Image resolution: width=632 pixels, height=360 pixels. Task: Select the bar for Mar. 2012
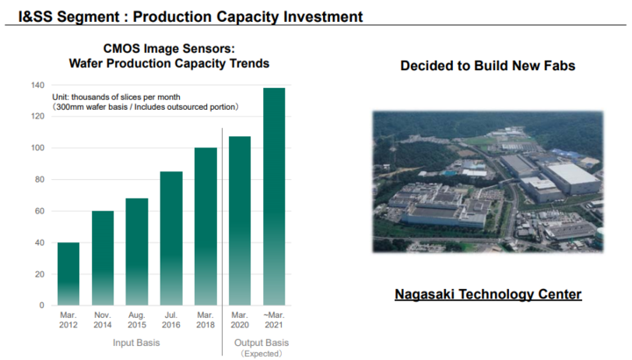click(68, 274)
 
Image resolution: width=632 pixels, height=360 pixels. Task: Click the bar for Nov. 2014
click(103, 258)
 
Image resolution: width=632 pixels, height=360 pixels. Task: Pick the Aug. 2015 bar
click(137, 251)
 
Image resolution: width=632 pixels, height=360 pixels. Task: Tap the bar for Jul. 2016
click(171, 238)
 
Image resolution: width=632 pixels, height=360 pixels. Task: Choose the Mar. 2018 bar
click(205, 227)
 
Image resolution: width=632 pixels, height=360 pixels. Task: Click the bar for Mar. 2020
click(240, 220)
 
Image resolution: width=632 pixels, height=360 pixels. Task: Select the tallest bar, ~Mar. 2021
click(274, 197)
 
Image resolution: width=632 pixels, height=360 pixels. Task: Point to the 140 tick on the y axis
click(38, 85)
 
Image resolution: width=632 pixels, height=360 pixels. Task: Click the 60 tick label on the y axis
click(39, 211)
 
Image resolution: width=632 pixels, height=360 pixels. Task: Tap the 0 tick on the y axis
click(42, 306)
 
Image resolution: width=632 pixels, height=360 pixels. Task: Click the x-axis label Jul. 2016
click(171, 320)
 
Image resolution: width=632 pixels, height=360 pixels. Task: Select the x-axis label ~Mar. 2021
click(274, 320)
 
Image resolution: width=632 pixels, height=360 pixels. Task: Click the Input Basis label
click(136, 342)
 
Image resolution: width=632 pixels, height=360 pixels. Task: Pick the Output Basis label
click(262, 342)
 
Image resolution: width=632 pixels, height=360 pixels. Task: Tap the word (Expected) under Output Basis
click(262, 354)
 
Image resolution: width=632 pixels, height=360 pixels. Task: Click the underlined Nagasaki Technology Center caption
click(488, 294)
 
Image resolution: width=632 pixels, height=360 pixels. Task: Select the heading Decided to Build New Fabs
click(488, 66)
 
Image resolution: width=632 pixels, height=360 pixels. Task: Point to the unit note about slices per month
click(145, 102)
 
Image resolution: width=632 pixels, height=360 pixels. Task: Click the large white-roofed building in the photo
click(571, 177)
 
